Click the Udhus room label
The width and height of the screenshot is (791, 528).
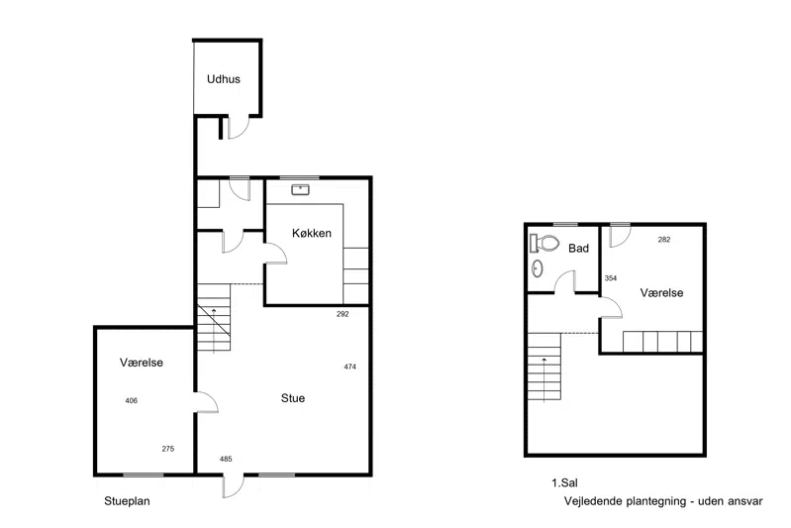(224, 79)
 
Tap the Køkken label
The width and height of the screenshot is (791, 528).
(312, 233)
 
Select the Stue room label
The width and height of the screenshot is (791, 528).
(293, 398)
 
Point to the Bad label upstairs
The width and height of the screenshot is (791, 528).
(578, 249)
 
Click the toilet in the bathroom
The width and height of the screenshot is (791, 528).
(544, 244)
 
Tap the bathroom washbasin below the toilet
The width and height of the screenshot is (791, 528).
(538, 268)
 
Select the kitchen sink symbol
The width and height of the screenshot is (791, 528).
(301, 190)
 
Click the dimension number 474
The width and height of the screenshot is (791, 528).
(350, 367)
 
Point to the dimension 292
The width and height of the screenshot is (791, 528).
(343, 314)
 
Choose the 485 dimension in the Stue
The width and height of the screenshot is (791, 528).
(226, 459)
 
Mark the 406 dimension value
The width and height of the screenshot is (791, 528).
(131, 401)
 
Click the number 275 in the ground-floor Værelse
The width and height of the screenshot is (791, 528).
(168, 449)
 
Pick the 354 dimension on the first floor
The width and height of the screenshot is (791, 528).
(611, 278)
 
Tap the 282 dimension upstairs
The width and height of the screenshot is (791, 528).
(664, 240)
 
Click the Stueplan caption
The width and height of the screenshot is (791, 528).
(127, 501)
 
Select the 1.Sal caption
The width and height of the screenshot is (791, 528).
(564, 483)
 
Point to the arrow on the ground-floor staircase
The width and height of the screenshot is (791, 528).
(214, 330)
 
